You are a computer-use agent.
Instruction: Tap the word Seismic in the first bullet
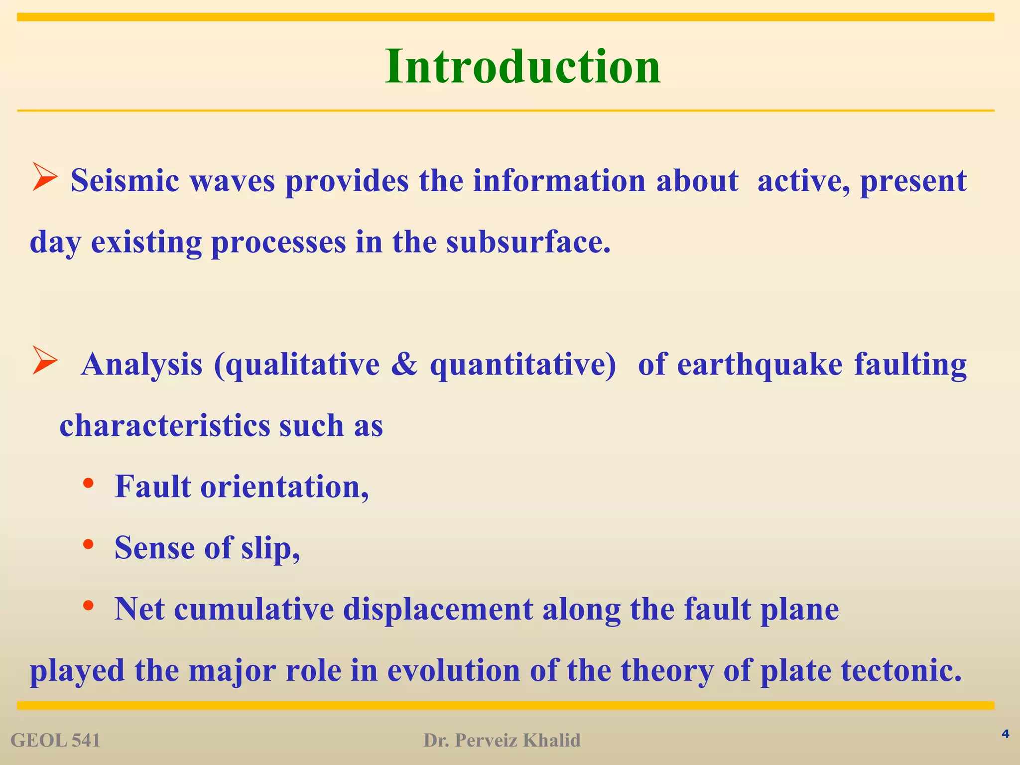pos(125,181)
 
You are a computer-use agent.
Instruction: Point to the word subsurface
pos(527,243)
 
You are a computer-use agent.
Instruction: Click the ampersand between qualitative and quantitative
pos(404,364)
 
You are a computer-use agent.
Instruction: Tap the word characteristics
pos(164,426)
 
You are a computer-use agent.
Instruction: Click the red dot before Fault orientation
pos(88,483)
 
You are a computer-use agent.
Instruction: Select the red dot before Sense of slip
pos(88,544)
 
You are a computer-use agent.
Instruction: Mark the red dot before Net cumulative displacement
pos(88,605)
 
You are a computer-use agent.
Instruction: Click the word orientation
pos(284,487)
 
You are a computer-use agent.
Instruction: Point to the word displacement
pos(438,609)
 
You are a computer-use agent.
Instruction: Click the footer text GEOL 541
pos(55,741)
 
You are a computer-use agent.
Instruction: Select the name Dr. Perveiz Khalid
pos(502,741)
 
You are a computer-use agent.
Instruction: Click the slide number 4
pos(1005,734)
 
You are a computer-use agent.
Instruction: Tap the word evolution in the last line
pos(454,670)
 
